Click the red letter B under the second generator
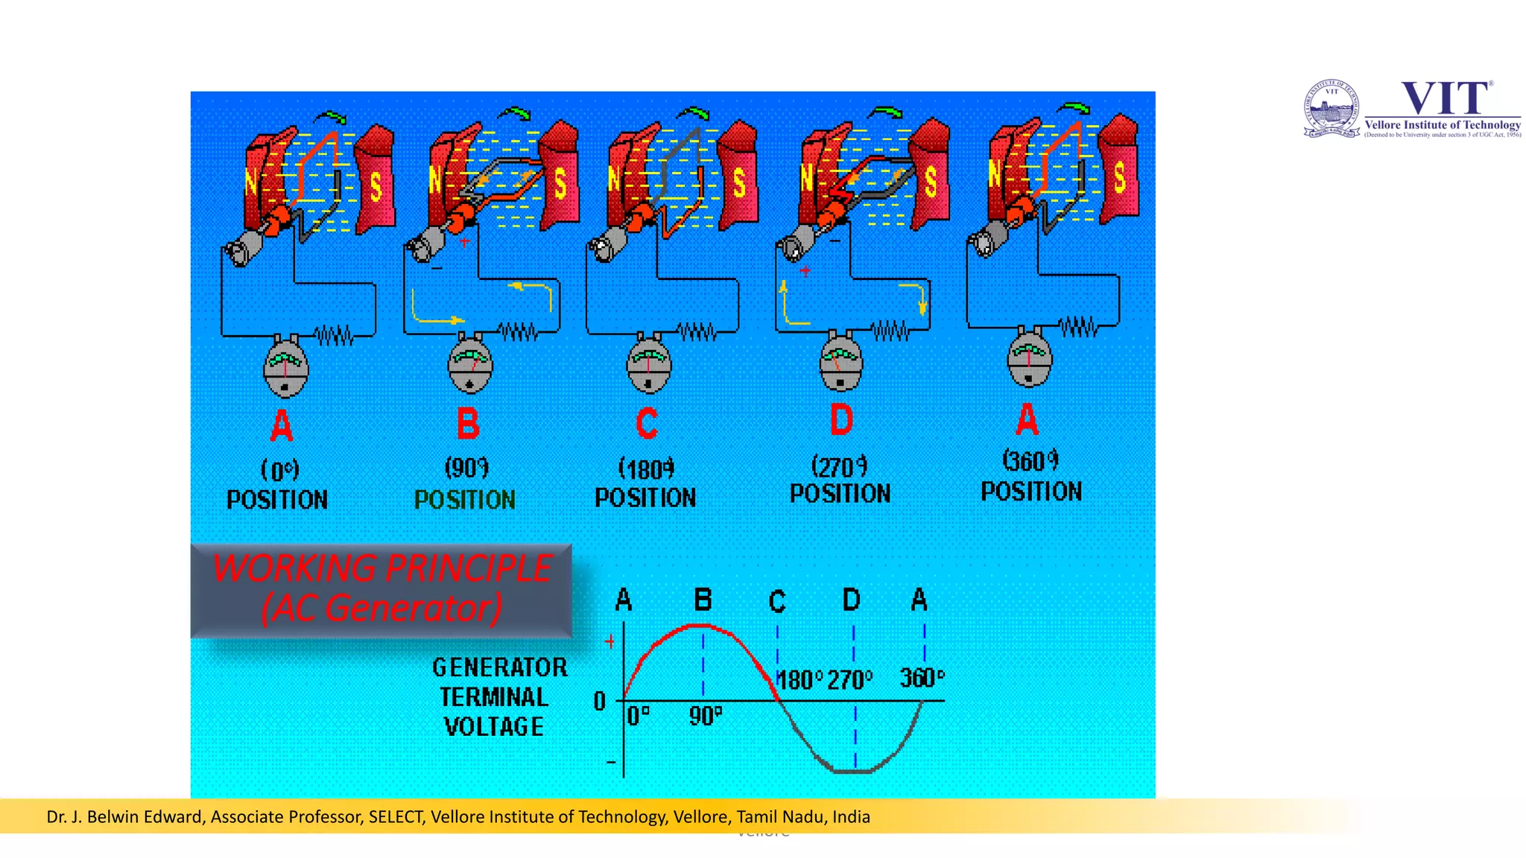(x=468, y=424)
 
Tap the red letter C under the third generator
(x=647, y=424)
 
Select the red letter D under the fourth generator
(x=841, y=420)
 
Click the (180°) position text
(x=646, y=469)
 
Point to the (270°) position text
(x=840, y=466)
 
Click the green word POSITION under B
(x=465, y=500)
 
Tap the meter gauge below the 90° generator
(x=469, y=365)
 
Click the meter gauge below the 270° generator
(x=840, y=363)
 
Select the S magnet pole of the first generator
(x=376, y=186)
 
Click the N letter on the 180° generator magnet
(x=614, y=179)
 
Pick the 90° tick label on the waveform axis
(x=705, y=716)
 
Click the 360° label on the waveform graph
(x=922, y=678)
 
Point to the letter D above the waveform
(x=852, y=600)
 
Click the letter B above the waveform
(x=703, y=600)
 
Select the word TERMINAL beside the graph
(x=494, y=697)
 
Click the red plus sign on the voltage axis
(x=610, y=641)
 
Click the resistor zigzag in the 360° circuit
(x=1078, y=326)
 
